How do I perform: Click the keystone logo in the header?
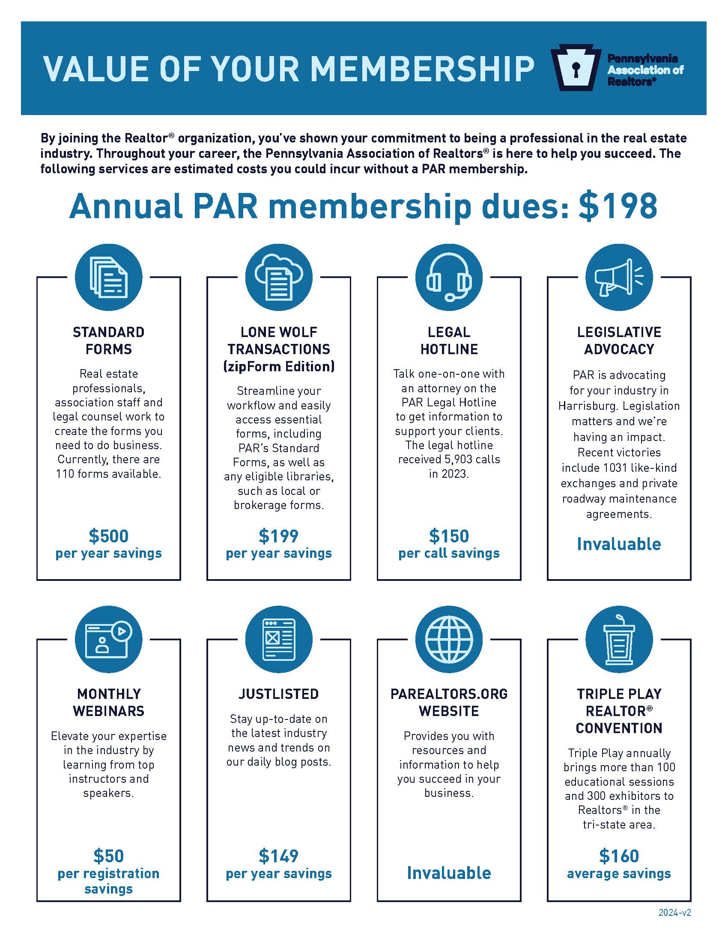tap(575, 68)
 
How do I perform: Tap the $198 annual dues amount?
tap(618, 207)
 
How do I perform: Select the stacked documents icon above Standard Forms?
tap(109, 277)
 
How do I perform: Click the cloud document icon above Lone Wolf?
tap(279, 277)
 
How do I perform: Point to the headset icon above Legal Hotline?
tap(449, 277)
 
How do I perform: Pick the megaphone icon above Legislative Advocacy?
tap(619, 277)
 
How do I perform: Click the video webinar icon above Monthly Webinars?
tap(109, 639)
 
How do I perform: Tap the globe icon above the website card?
tap(449, 639)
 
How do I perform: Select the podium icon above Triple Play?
tap(619, 639)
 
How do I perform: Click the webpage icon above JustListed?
tap(279, 639)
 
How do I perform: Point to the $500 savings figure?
tap(109, 536)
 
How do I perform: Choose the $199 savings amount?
tap(279, 536)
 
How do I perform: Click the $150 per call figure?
tap(449, 536)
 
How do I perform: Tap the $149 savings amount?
tap(279, 856)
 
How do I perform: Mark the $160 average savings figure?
tap(619, 856)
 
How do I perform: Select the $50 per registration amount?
tap(109, 856)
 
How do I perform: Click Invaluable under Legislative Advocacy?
tap(619, 544)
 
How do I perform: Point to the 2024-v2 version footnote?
tap(674, 912)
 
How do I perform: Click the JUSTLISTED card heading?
tap(279, 694)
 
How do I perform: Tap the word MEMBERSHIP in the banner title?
tap(422, 68)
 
